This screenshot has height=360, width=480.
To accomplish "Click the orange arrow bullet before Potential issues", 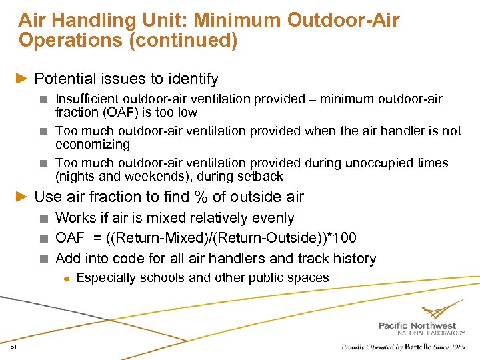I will (23, 79).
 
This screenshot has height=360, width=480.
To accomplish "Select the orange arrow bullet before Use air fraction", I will (23, 197).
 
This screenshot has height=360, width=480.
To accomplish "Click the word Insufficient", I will (87, 99).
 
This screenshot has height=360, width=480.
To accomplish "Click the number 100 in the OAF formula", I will (345, 238).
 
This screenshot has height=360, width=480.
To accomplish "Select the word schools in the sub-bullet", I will (157, 277).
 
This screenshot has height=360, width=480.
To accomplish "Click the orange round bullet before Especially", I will (67, 278).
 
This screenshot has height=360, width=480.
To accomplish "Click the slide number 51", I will (14, 347).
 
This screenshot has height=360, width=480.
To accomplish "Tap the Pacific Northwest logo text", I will (417, 325).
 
